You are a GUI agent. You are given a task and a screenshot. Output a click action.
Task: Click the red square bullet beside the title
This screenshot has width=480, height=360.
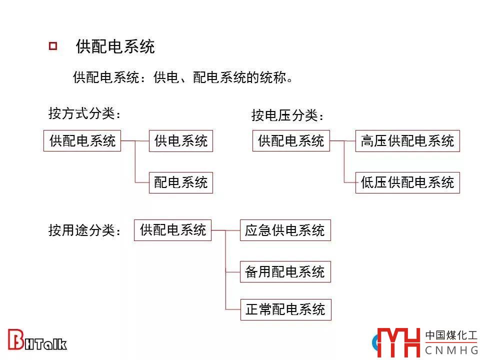pyautogui.click(x=52, y=46)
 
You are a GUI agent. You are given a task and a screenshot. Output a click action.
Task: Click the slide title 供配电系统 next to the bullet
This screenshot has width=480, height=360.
pyautogui.click(x=115, y=46)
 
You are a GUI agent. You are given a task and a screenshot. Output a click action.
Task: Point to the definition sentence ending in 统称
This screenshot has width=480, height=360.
pyautogui.click(x=182, y=78)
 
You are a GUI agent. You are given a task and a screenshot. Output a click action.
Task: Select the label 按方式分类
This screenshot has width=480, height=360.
pyautogui.click(x=85, y=114)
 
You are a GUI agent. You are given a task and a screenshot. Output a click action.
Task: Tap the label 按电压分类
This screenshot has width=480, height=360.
pyautogui.click(x=288, y=115)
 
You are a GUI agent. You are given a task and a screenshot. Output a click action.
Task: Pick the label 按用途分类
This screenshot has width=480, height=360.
pyautogui.click(x=85, y=230)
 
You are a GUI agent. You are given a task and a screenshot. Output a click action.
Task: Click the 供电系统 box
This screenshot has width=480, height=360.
pyautogui.click(x=181, y=141)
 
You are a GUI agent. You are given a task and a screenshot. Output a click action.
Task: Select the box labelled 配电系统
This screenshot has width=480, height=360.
pyautogui.click(x=181, y=182)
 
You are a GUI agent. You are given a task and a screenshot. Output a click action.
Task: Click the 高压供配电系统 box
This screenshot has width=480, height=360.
pyautogui.click(x=407, y=141)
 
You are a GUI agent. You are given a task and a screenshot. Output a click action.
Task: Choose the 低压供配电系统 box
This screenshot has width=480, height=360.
pyautogui.click(x=407, y=182)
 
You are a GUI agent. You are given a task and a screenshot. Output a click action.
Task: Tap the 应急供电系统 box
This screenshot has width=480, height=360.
pyautogui.click(x=285, y=230)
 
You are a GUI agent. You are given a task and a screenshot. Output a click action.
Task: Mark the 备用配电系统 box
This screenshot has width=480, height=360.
pyautogui.click(x=285, y=272)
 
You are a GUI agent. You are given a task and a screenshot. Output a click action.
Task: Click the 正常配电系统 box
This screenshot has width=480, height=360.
pyautogui.click(x=285, y=309)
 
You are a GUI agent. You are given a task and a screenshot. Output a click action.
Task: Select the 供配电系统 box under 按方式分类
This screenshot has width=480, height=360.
pyautogui.click(x=82, y=141)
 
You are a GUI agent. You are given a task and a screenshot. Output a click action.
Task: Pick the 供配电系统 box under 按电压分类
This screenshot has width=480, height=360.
pyautogui.click(x=291, y=141)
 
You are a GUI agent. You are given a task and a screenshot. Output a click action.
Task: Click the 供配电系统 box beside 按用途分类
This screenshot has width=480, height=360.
pyautogui.click(x=173, y=230)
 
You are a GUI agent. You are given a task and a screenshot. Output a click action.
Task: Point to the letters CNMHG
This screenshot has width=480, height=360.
pyautogui.click(x=451, y=350)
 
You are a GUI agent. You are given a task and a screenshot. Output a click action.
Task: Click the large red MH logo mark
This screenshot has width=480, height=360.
pyautogui.click(x=398, y=343)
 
